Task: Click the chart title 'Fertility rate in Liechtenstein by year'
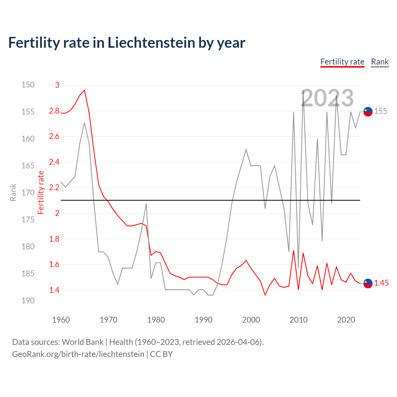(x=127, y=43)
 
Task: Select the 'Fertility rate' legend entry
(x=342, y=62)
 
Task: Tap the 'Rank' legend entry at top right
(x=380, y=62)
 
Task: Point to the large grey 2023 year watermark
(x=327, y=98)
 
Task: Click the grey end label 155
(x=381, y=111)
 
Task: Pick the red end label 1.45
(x=381, y=283)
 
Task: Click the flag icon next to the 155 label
(x=368, y=111)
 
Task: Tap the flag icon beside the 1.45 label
(x=368, y=283)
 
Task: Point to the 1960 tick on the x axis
(x=61, y=320)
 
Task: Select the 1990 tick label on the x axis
(x=203, y=320)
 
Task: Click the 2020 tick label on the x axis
(x=346, y=320)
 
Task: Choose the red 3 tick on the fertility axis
(x=57, y=85)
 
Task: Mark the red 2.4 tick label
(x=54, y=162)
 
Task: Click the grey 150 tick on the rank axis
(x=28, y=85)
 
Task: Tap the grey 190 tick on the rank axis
(x=28, y=301)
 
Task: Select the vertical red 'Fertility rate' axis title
(x=41, y=193)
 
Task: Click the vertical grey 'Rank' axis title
(x=13, y=193)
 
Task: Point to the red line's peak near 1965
(x=84, y=90)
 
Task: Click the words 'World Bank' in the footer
(x=83, y=342)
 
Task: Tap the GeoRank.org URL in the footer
(x=78, y=354)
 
